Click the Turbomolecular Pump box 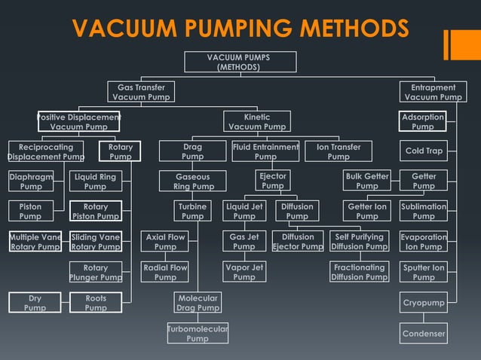tap(198, 334)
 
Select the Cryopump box tap(423, 303)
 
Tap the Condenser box tap(423, 334)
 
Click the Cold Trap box tap(423, 151)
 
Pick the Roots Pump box tap(96, 303)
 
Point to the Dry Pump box tap(35, 303)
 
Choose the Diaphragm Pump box tap(31, 182)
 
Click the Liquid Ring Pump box tap(95, 182)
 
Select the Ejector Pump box tap(273, 181)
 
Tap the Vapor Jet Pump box tap(244, 272)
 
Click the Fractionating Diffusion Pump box tap(359, 272)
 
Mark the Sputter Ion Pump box tap(423, 272)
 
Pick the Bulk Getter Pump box tap(367, 182)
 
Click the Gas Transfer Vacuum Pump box tap(141, 92)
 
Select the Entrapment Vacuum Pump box tap(433, 92)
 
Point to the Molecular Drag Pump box tap(198, 303)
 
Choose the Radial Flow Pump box tap(165, 272)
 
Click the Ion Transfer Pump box tap(338, 151)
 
